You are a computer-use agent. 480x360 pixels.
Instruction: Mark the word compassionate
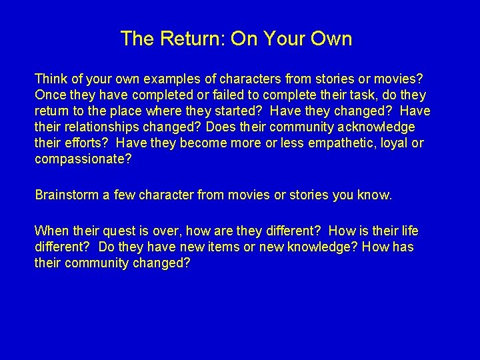point(83,159)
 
